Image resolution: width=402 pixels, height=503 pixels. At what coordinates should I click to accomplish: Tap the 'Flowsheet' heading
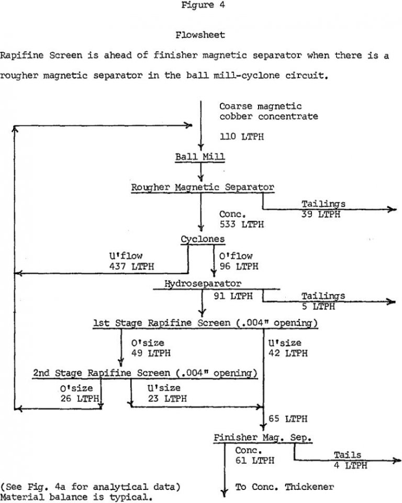pyautogui.click(x=201, y=35)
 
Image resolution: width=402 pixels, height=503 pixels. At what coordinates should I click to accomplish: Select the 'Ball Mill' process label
pyautogui.click(x=200, y=157)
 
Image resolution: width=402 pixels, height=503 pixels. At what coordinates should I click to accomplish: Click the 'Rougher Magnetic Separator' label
pyautogui.click(x=203, y=186)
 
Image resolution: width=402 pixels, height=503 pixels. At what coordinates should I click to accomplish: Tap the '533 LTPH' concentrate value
pyautogui.click(x=242, y=225)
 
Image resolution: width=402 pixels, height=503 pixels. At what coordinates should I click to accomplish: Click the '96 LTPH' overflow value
pyautogui.click(x=239, y=266)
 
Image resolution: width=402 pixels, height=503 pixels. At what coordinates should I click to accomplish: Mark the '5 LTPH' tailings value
pyautogui.click(x=319, y=306)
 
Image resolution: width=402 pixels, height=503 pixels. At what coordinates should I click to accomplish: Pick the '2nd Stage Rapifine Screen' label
pyautogui.click(x=145, y=373)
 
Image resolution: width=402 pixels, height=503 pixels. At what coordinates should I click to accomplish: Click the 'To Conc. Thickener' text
pyautogui.click(x=285, y=487)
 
